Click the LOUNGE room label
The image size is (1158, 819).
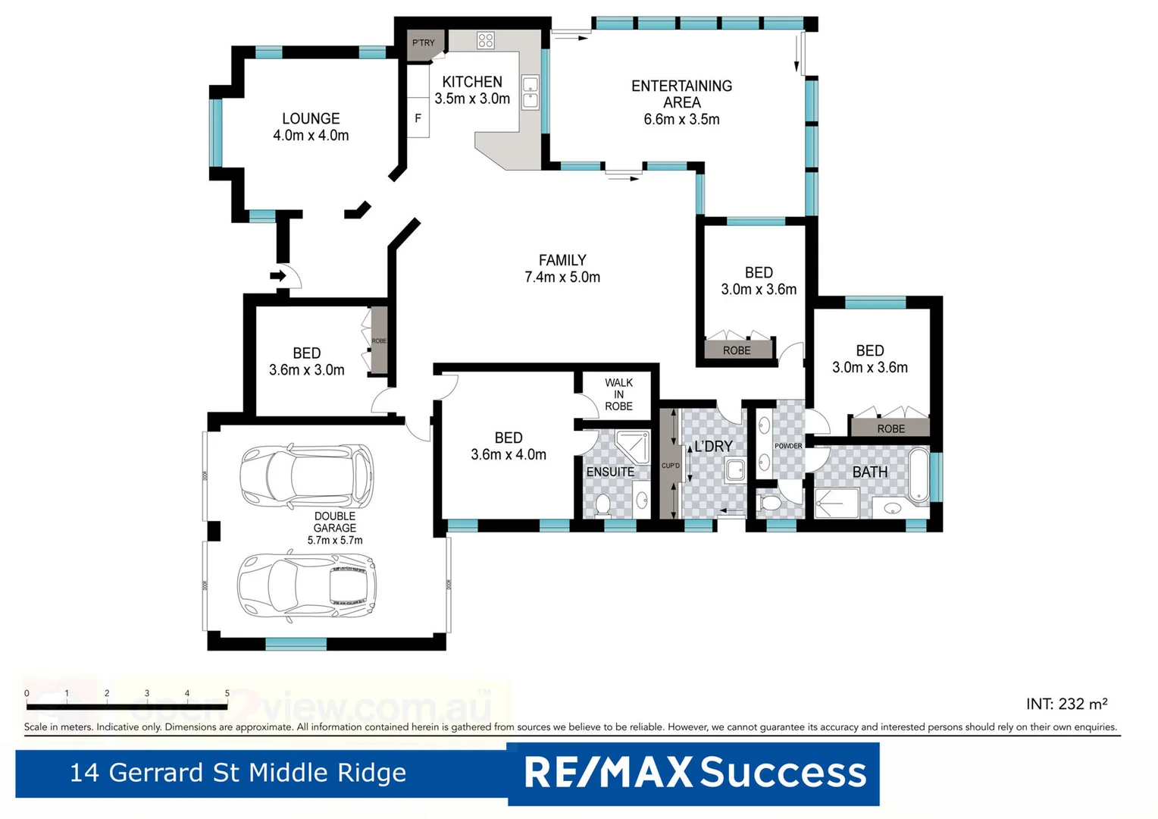[311, 118]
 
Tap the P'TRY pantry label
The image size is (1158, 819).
[424, 43]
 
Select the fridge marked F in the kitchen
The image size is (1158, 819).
[418, 118]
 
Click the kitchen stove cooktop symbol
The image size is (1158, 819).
[486, 40]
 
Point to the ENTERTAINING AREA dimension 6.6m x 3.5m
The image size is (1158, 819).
[681, 119]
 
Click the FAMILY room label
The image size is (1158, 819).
[562, 260]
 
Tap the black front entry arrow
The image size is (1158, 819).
[278, 275]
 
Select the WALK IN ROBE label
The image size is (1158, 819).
[618, 394]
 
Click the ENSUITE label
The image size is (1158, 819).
[610, 472]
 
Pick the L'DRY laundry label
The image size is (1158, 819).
[714, 447]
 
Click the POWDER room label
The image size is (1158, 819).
[788, 446]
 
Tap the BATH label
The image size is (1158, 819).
[870, 472]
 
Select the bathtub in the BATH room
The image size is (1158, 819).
[919, 475]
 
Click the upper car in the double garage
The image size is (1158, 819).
[307, 476]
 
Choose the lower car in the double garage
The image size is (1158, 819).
[307, 585]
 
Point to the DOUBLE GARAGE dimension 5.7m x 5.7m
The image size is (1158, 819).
[335, 541]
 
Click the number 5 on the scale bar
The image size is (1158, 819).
[227, 693]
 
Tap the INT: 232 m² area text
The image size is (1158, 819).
[1066, 704]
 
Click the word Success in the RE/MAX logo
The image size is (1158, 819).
[783, 773]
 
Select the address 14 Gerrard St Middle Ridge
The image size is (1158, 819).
[238, 773]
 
